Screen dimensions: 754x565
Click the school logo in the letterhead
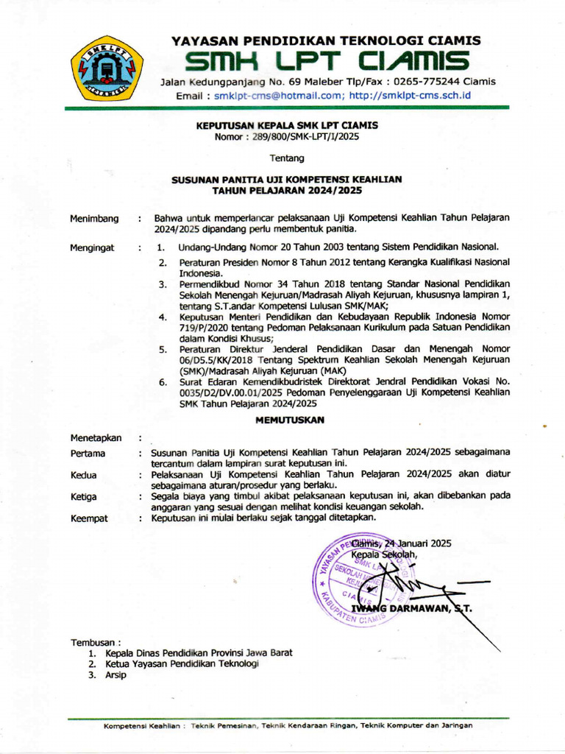[107, 68]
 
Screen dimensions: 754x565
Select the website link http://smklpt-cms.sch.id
[410, 96]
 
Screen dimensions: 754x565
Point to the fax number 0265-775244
[424, 82]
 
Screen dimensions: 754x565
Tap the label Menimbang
[94, 219]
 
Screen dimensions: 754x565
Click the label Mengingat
[92, 248]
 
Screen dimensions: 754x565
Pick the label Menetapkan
[96, 438]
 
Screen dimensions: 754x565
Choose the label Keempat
[89, 518]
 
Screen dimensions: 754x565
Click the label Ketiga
[84, 497]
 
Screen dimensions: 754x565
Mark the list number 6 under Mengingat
[163, 383]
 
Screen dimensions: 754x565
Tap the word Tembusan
[93, 642]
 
